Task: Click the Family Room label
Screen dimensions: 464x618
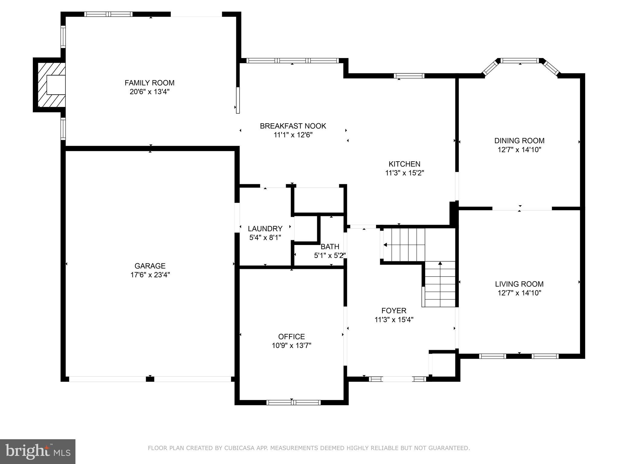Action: pos(149,83)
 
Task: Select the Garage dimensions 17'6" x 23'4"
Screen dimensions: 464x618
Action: pos(150,275)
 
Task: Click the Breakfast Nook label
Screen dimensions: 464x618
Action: pos(293,126)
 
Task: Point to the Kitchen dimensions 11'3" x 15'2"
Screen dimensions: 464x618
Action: pos(404,173)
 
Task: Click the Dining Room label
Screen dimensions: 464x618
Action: pos(519,140)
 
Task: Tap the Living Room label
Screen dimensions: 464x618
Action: pos(519,284)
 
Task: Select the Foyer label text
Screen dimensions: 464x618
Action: pos(394,311)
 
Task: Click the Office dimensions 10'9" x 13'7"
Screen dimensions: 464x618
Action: pos(291,346)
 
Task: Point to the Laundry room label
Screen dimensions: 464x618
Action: pos(265,229)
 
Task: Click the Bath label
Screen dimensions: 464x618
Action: pos(330,246)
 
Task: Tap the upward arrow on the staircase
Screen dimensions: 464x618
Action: pos(440,264)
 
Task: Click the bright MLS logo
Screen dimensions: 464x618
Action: pos(38,451)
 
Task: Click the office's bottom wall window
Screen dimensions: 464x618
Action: pos(293,402)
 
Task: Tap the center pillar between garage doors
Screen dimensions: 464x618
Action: pos(150,379)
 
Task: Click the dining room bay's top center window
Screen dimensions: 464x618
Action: pos(520,61)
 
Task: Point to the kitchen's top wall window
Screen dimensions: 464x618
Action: pos(409,76)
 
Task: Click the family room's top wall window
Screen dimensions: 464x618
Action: pos(108,14)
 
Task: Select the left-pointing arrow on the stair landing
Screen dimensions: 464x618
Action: pos(385,245)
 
